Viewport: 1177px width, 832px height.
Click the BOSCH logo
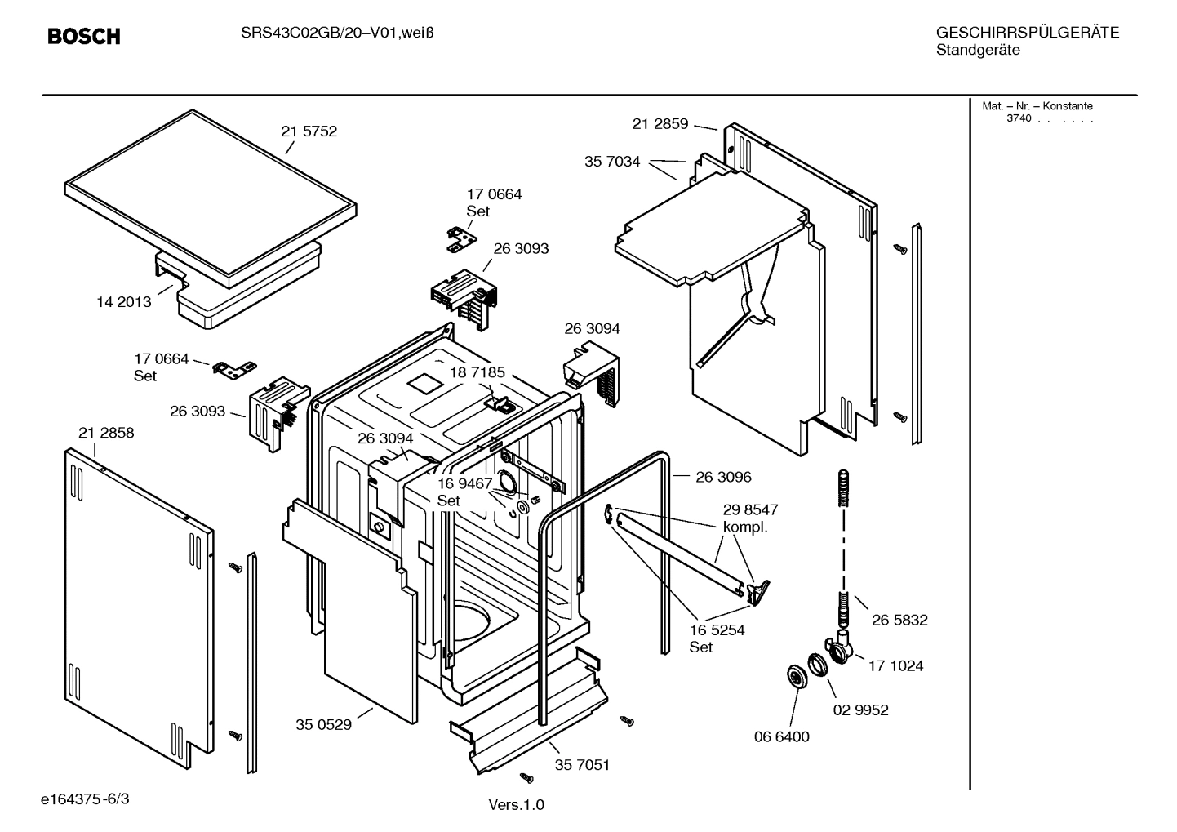(x=84, y=36)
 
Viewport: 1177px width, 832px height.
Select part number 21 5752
(x=309, y=131)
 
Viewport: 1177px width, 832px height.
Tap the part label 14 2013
(x=123, y=302)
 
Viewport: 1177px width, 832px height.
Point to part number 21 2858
(x=106, y=433)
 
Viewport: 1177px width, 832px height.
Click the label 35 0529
(x=323, y=724)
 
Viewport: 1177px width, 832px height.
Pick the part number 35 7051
(x=582, y=765)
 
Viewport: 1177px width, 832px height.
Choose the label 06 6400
(x=781, y=736)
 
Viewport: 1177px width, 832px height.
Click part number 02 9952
(x=860, y=710)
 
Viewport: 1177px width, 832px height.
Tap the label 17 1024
(x=895, y=665)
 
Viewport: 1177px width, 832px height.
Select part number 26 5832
(x=899, y=620)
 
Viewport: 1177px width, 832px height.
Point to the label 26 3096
(x=723, y=477)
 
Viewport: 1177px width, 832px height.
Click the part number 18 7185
(x=477, y=372)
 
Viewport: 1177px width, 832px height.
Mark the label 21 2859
(x=660, y=124)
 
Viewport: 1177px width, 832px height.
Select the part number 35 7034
(x=612, y=162)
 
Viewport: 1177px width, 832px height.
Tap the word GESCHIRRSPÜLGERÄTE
(x=1028, y=33)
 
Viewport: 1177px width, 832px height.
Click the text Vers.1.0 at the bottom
(x=516, y=804)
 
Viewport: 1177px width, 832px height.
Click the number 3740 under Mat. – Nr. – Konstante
(x=1019, y=118)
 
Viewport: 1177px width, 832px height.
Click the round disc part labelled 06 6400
(x=794, y=676)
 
